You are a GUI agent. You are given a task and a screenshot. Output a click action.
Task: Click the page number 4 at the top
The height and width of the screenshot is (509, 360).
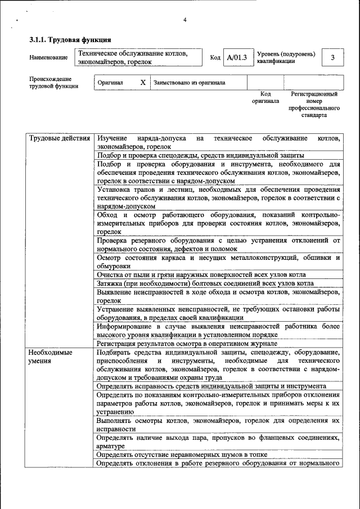pos(184,21)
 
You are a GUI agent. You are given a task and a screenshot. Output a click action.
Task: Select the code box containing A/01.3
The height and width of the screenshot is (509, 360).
pos(237,57)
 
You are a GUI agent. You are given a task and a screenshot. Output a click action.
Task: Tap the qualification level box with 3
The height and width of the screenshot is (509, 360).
pos(332,57)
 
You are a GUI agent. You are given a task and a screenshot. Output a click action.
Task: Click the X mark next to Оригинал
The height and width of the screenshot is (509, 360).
pos(143,82)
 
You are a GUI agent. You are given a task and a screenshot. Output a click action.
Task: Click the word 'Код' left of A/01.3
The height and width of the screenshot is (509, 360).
pos(215,57)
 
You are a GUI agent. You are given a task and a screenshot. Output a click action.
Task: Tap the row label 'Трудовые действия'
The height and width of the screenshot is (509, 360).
pos(59,138)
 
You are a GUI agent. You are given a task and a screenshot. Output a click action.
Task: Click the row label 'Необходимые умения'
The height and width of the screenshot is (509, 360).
pos(51,356)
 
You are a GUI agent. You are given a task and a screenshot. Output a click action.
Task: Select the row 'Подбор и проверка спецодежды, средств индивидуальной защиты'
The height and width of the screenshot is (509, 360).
pos(200,155)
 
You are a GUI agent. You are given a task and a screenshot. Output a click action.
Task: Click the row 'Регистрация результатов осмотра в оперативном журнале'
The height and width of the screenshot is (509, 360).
pos(187,343)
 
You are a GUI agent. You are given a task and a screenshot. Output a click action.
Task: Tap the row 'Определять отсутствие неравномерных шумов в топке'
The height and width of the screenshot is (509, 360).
pos(181,454)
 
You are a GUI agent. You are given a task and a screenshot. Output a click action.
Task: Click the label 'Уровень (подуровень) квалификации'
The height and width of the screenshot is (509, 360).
pos(286,57)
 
